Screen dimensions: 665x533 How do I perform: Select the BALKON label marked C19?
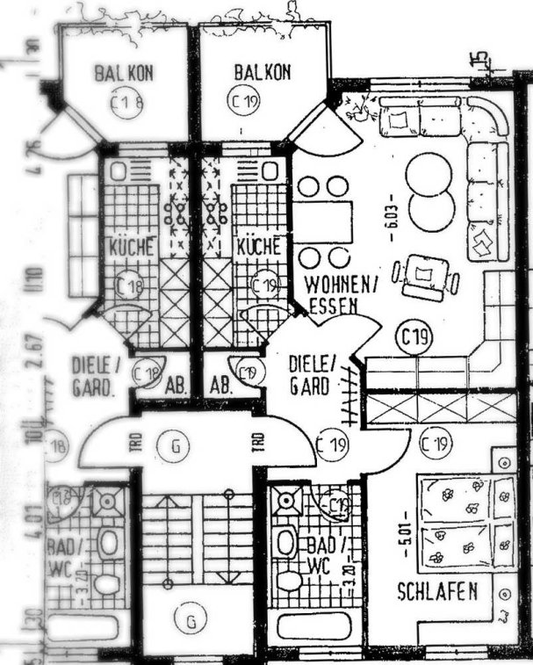coord(261,72)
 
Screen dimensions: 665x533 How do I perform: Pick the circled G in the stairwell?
coord(190,621)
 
